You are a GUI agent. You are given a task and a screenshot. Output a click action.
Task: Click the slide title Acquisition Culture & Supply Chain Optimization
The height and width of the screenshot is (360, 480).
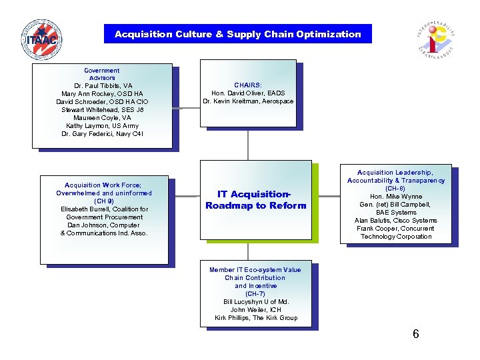coord(238,34)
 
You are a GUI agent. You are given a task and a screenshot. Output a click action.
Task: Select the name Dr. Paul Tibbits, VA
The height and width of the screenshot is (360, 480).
coord(103,86)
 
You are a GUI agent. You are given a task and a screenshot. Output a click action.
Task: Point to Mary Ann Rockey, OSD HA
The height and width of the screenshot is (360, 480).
coord(102,94)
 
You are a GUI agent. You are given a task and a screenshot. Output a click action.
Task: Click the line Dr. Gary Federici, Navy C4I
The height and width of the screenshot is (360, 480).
coord(102,134)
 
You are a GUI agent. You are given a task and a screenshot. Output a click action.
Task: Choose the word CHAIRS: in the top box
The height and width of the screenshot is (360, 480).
coord(248,85)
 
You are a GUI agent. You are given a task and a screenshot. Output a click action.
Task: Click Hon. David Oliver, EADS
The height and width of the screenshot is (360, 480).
coord(248,93)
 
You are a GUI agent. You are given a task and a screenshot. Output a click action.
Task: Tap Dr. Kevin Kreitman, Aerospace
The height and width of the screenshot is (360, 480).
coord(248,101)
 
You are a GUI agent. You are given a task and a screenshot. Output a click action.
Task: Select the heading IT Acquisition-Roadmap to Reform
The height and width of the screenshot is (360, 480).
coord(256,200)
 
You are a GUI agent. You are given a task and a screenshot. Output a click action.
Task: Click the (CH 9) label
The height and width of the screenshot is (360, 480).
coord(103,201)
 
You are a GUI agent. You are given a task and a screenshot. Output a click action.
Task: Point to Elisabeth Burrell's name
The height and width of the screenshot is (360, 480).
coord(103,209)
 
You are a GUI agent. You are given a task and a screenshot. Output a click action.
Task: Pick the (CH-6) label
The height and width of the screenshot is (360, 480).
coord(395,189)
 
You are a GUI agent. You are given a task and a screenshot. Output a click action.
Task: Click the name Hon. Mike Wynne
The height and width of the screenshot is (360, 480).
coord(395,197)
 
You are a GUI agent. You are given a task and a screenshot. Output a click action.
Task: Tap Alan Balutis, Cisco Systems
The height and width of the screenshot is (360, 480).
coord(395,221)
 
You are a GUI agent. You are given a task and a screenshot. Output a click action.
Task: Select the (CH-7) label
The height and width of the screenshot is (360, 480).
coord(255,294)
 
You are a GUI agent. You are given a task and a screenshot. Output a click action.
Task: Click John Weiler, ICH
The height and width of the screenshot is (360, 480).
coord(256,310)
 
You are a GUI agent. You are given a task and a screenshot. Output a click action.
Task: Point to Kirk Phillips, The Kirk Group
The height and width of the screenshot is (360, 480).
coord(256,318)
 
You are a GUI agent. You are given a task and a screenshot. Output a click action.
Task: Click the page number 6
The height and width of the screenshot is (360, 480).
coord(415,334)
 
